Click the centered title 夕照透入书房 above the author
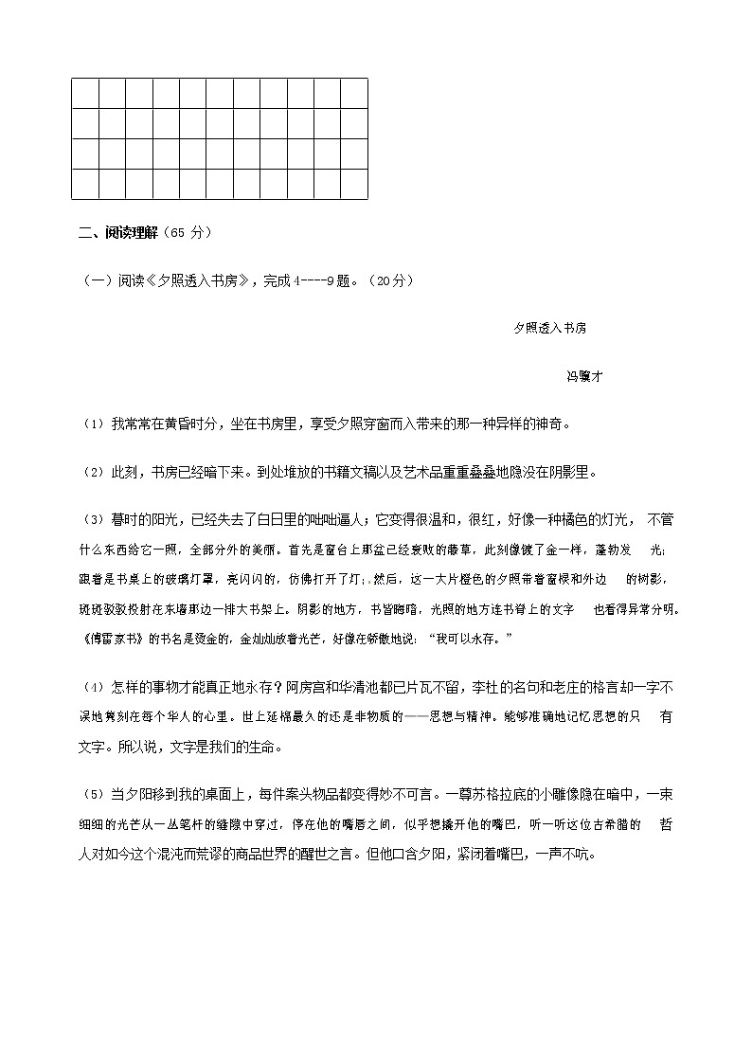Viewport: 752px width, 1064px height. click(x=550, y=328)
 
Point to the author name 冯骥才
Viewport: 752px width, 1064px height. click(x=584, y=376)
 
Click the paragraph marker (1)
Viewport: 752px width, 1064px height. click(x=93, y=424)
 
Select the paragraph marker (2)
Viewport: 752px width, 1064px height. click(x=93, y=472)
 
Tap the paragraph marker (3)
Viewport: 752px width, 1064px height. click(x=93, y=520)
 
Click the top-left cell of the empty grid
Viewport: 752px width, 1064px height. click(x=85, y=93)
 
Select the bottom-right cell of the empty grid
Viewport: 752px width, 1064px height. click(x=354, y=185)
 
